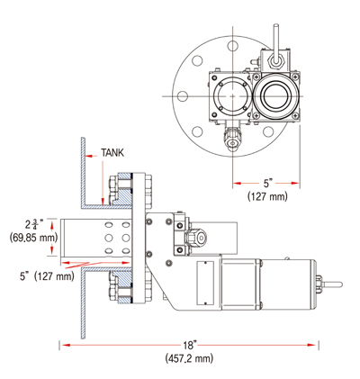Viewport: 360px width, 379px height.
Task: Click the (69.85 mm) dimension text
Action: click(31, 238)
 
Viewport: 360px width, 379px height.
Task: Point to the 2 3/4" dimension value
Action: click(35, 224)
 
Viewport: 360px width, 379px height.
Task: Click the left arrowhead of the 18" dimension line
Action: click(64, 345)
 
